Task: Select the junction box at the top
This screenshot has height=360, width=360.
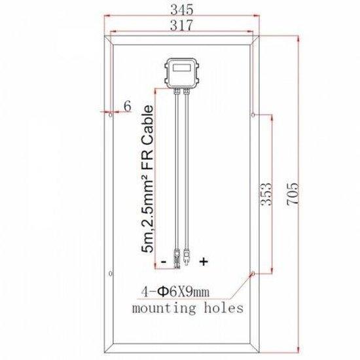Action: pos(181,73)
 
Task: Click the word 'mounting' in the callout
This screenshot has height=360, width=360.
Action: pos(161,307)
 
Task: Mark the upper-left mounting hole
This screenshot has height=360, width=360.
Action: pos(110,115)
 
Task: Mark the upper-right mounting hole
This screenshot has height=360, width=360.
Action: pos(253,115)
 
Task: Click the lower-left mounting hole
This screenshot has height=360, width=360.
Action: pos(110,273)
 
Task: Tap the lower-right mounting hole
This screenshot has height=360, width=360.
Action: pos(253,273)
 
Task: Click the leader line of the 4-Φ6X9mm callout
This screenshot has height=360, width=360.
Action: pos(240,284)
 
